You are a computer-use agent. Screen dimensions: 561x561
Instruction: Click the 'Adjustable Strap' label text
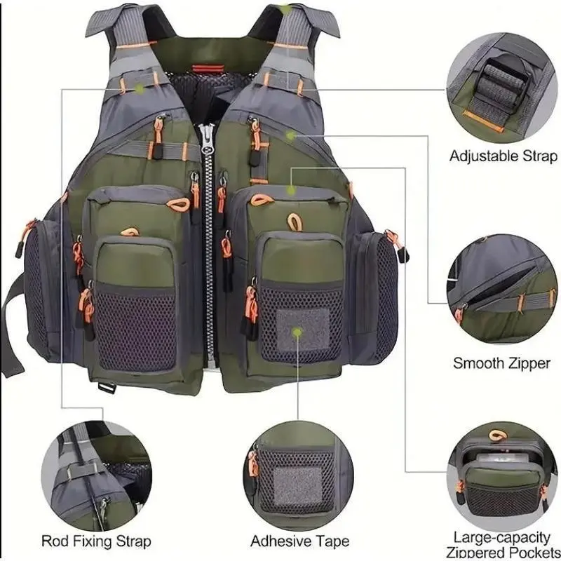pyautogui.click(x=503, y=156)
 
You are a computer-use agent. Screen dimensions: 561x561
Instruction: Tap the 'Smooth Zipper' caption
pyautogui.click(x=501, y=363)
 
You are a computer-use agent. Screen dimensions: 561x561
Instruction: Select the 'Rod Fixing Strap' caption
pyautogui.click(x=96, y=541)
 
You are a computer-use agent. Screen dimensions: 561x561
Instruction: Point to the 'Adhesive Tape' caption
pyautogui.click(x=300, y=541)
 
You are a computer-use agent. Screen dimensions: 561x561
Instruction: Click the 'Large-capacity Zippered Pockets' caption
pyautogui.click(x=502, y=545)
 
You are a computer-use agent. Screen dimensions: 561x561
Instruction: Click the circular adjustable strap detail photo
pyautogui.click(x=501, y=88)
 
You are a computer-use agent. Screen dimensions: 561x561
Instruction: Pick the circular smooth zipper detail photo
pyautogui.click(x=502, y=289)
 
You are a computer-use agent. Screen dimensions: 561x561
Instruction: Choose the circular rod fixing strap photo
pyautogui.click(x=97, y=476)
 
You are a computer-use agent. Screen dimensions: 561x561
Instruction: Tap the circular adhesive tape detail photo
pyautogui.click(x=299, y=476)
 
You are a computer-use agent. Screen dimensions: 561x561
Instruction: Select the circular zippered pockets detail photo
pyautogui.click(x=502, y=477)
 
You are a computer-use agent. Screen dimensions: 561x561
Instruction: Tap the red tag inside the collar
pyautogui.click(x=203, y=69)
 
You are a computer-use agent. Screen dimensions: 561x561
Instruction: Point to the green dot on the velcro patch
pyautogui.click(x=297, y=332)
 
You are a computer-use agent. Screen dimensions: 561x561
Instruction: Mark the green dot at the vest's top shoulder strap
pyautogui.click(x=286, y=10)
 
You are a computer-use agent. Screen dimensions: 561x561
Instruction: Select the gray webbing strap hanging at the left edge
pyautogui.click(x=12, y=325)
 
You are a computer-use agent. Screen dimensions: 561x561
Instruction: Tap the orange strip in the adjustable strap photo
pyautogui.click(x=483, y=120)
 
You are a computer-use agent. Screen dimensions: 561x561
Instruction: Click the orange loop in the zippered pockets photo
pyautogui.click(x=498, y=435)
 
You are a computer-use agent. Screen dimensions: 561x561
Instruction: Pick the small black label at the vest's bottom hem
pyautogui.click(x=107, y=388)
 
